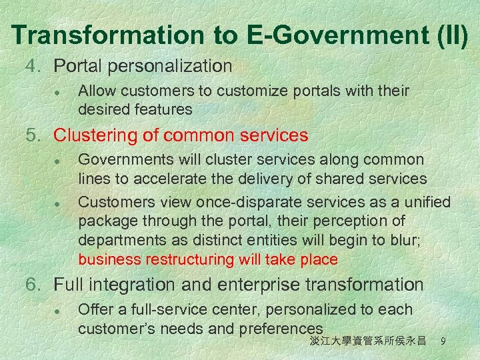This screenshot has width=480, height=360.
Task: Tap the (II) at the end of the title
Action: pos(449,34)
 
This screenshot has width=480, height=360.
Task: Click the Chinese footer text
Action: pos(367,341)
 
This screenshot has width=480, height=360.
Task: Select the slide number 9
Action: pos(443,341)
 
